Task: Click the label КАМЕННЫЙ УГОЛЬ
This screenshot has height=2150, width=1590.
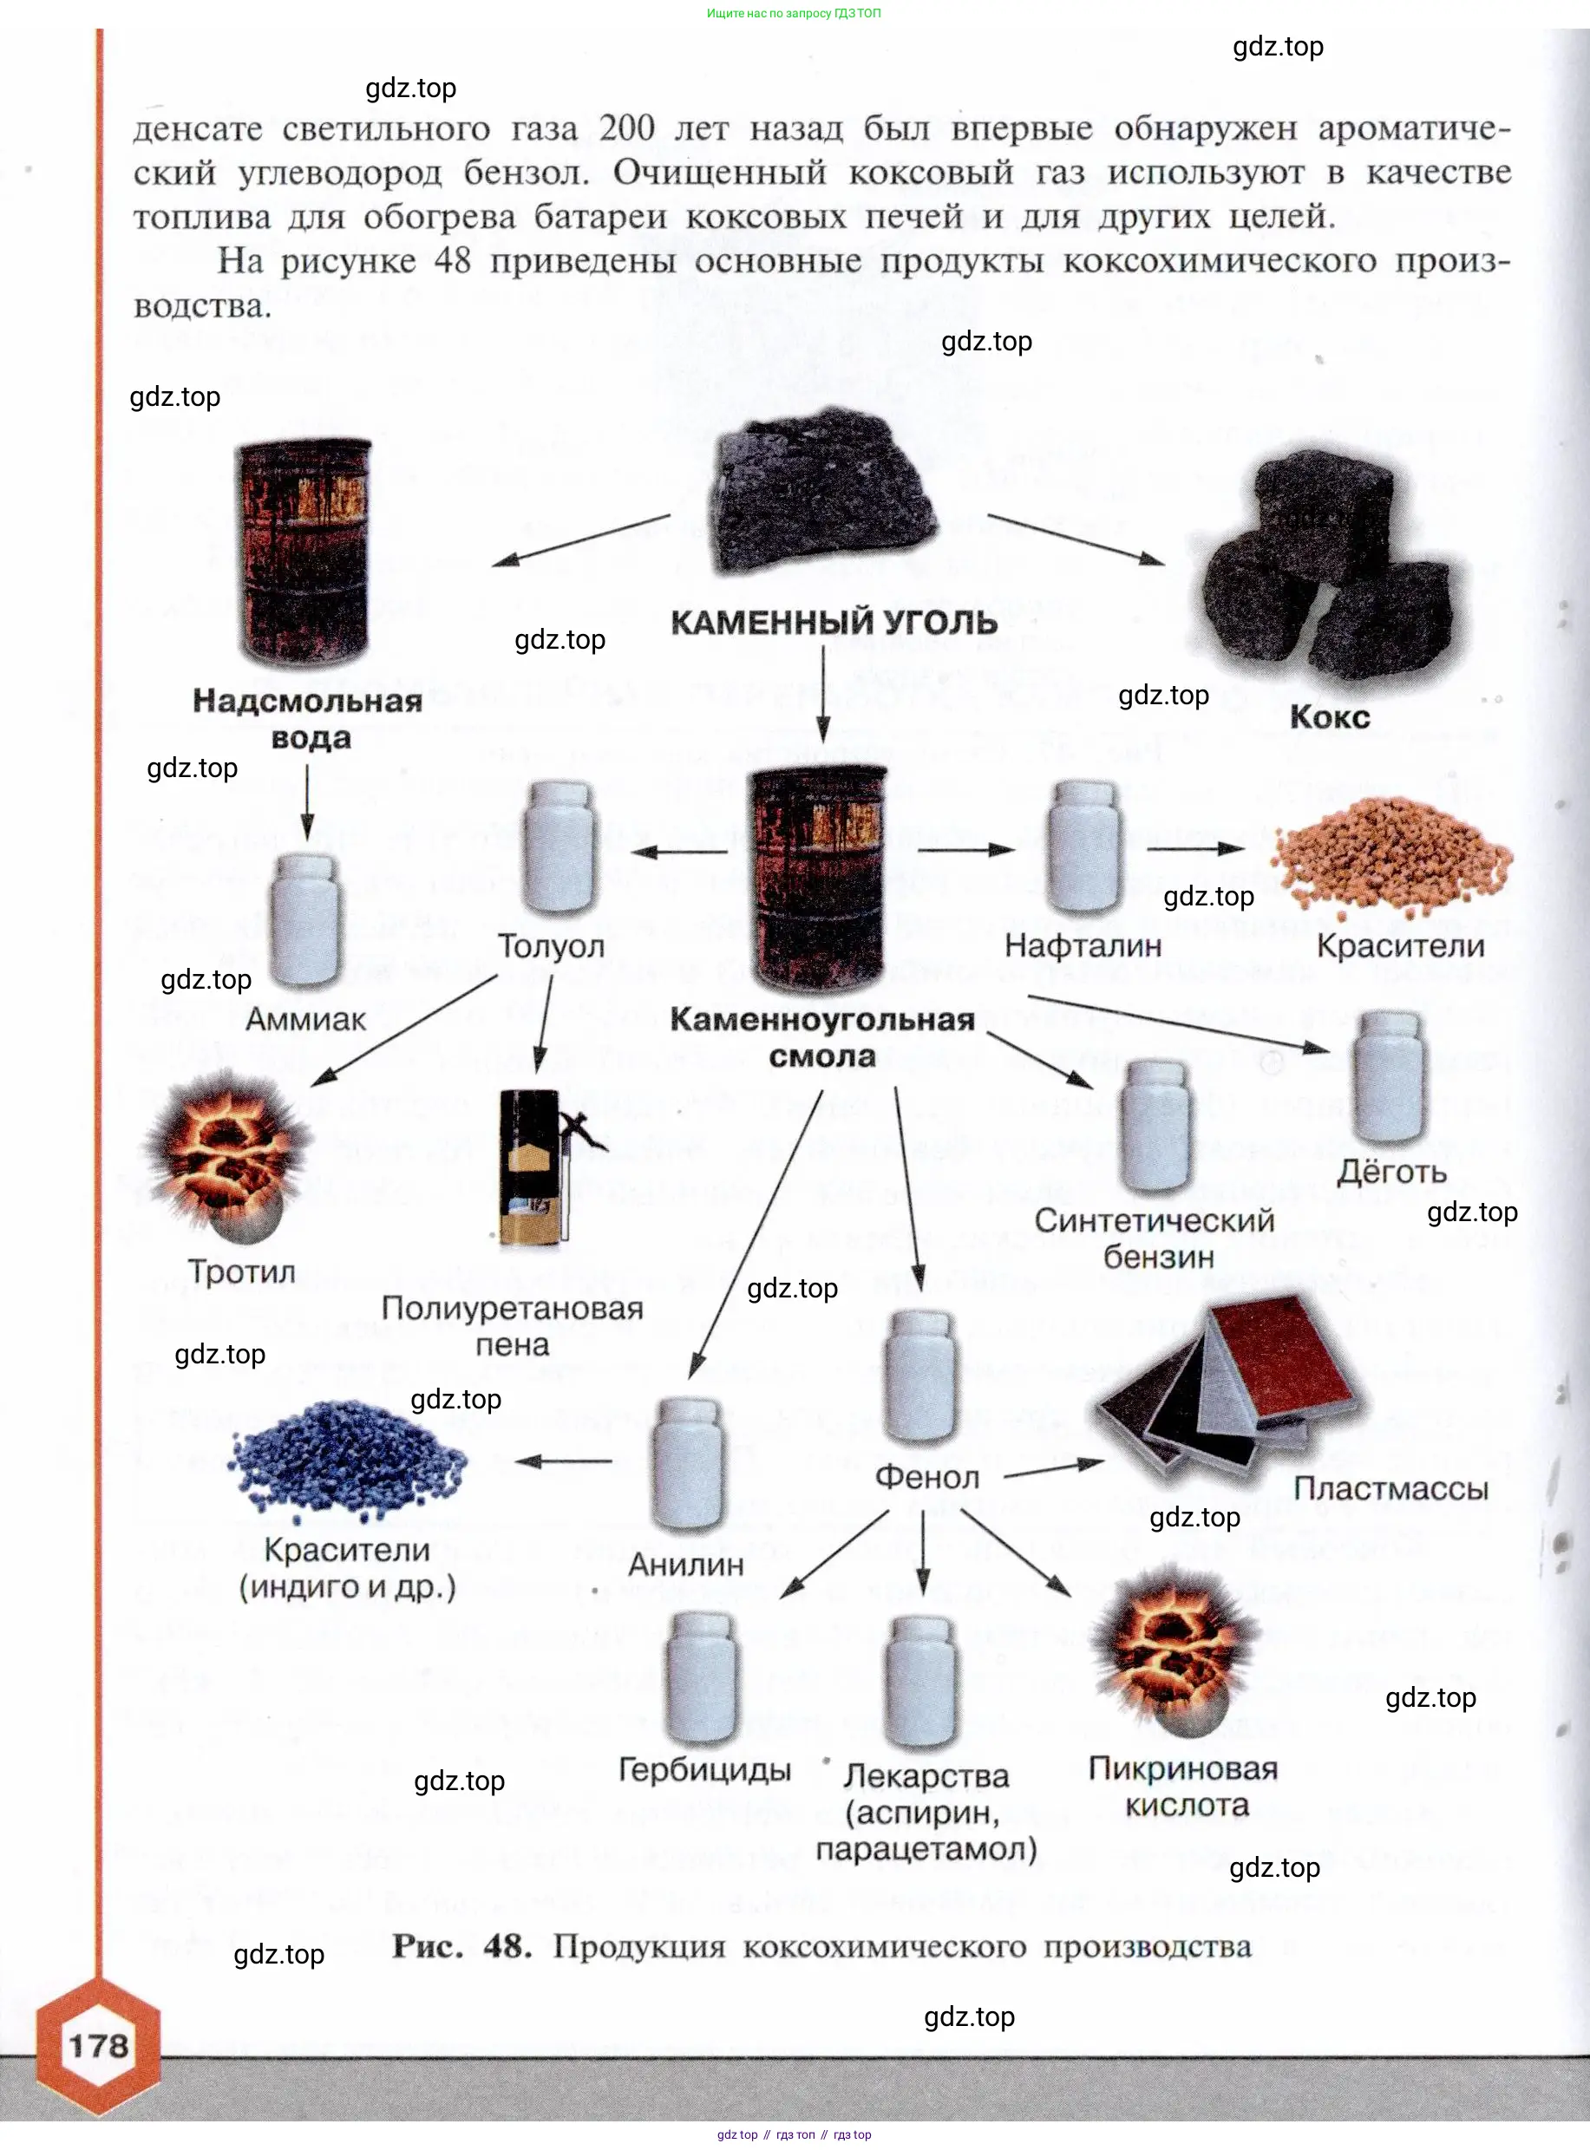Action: tap(834, 623)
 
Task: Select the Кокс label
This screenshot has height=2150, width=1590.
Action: tap(1329, 717)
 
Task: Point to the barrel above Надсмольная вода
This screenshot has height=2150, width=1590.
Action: tap(304, 552)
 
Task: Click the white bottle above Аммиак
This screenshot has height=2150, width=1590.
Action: tap(305, 919)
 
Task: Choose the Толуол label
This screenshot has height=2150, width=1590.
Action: tap(551, 946)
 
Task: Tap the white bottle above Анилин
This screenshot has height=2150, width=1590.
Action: tap(687, 1464)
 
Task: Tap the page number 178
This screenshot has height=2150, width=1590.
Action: tap(99, 2046)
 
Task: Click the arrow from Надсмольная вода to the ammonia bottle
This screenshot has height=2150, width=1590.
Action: tap(307, 801)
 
